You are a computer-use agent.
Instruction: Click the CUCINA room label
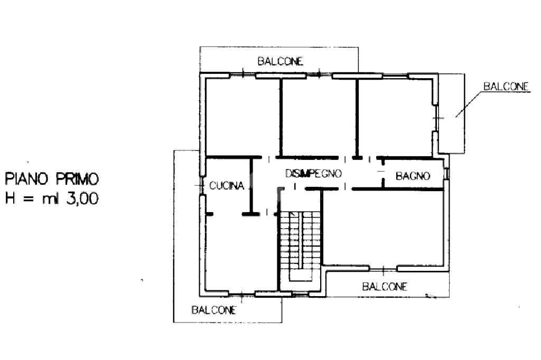(x=227, y=185)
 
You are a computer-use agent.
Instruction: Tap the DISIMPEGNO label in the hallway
(x=313, y=173)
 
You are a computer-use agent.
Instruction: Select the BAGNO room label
(x=413, y=176)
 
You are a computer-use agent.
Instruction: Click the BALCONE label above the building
(x=280, y=61)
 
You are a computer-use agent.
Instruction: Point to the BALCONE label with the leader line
(x=506, y=86)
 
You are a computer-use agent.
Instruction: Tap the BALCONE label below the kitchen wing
(x=214, y=310)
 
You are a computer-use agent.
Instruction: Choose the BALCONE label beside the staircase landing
(x=385, y=286)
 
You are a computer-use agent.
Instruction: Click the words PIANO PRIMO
(x=52, y=179)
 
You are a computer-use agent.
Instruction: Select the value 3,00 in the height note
(x=82, y=198)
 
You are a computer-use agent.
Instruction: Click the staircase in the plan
(x=300, y=245)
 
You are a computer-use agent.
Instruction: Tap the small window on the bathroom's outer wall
(x=447, y=174)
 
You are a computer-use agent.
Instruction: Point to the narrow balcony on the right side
(x=452, y=113)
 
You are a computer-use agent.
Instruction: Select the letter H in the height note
(x=10, y=198)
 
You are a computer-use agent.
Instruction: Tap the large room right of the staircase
(x=383, y=228)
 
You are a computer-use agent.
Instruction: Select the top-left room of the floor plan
(x=242, y=117)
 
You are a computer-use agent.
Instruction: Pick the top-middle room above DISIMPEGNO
(x=319, y=117)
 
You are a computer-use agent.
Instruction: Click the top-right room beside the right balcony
(x=395, y=117)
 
